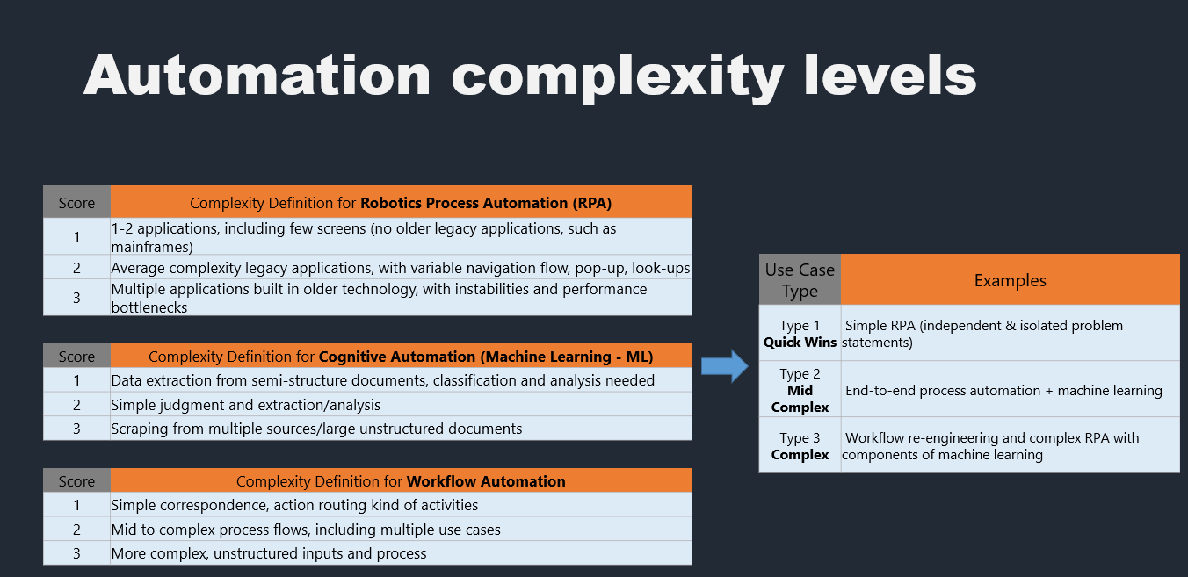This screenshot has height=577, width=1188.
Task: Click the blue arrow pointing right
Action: click(724, 366)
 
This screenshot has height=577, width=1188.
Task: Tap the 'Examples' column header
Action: click(1010, 280)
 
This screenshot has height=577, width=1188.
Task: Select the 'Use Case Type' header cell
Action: click(800, 280)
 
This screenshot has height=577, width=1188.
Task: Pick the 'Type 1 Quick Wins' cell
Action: click(800, 333)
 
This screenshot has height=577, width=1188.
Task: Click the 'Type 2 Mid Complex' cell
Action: click(800, 390)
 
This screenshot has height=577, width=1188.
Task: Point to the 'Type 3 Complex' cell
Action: click(800, 445)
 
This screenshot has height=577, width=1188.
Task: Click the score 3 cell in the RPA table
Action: click(77, 297)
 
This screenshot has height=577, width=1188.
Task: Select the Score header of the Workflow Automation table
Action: click(77, 480)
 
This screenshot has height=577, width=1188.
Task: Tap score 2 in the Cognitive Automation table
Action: click(77, 405)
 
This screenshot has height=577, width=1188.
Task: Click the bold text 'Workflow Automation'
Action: click(486, 481)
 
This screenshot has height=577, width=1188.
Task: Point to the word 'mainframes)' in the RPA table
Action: click(152, 247)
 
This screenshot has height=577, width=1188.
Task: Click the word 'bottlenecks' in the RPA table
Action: click(149, 307)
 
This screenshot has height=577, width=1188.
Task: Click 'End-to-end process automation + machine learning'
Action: click(1003, 391)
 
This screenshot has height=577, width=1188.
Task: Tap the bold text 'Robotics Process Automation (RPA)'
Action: click(486, 203)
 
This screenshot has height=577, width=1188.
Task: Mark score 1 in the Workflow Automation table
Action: click(77, 505)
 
